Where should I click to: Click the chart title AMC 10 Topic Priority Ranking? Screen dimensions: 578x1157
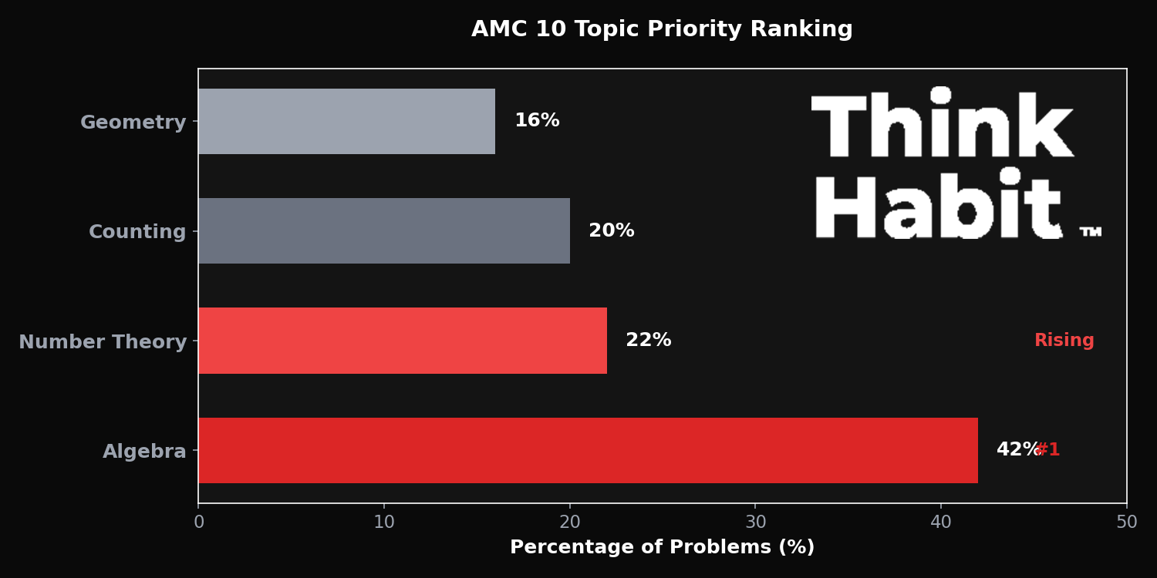(x=662, y=30)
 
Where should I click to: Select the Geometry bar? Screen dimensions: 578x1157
(x=346, y=121)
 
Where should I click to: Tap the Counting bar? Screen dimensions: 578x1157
(x=384, y=230)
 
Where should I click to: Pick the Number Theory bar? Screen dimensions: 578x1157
(x=403, y=341)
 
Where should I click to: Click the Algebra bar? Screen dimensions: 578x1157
(x=588, y=450)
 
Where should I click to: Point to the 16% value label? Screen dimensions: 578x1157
(x=537, y=121)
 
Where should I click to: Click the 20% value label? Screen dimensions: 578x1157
(x=612, y=230)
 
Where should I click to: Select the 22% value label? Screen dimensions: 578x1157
(x=649, y=341)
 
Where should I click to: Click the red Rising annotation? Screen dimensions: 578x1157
(x=1064, y=341)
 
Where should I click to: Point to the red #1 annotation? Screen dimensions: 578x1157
(x=1049, y=450)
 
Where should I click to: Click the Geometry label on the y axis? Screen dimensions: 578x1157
(x=133, y=123)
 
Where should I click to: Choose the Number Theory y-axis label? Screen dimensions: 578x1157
(x=103, y=342)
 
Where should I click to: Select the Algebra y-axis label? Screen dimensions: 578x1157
(x=144, y=452)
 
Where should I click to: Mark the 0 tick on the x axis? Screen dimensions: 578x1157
(x=199, y=523)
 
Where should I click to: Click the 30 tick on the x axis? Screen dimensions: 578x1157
(x=755, y=523)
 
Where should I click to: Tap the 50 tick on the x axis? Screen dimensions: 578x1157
(x=1126, y=523)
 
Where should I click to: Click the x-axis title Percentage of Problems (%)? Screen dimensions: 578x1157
(x=662, y=547)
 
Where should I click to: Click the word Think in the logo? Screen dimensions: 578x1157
(x=943, y=125)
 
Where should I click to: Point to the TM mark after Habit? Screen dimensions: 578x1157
(x=1090, y=231)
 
